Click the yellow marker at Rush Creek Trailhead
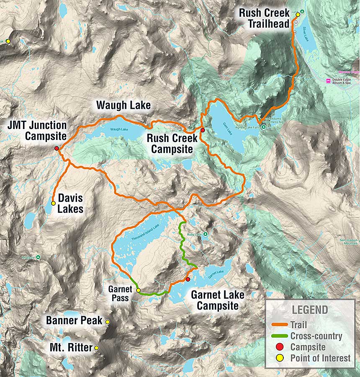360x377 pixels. [x=298, y=15]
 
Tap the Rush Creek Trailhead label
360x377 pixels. [x=264, y=18]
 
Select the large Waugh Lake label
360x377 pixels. [x=123, y=105]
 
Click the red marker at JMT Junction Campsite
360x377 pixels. [x=57, y=148]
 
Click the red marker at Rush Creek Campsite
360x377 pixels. [x=203, y=131]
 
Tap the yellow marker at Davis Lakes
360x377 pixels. [x=53, y=203]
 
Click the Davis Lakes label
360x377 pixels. [x=70, y=203]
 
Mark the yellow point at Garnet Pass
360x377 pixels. [x=138, y=290]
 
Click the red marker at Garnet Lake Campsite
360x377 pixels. [x=188, y=279]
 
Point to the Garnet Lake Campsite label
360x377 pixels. [x=218, y=300]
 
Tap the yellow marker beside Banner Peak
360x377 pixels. [x=108, y=322]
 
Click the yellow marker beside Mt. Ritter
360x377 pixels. [x=97, y=348]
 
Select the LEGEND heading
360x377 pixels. [x=310, y=310]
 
